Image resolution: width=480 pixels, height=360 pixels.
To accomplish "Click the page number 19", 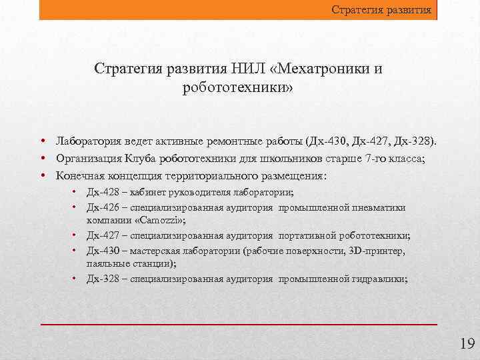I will click(x=466, y=344).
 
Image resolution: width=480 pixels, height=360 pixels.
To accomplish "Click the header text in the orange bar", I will click(x=382, y=10).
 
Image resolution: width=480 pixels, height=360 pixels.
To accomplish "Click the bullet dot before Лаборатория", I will click(x=42, y=141).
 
